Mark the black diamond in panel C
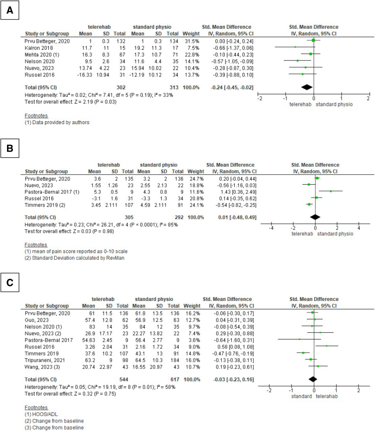(x=313, y=379)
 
